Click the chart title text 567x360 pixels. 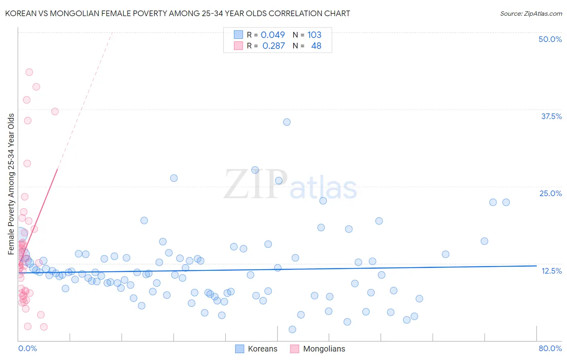[x=177, y=13]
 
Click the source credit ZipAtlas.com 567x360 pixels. [x=531, y=13]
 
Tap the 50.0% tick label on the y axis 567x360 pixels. [x=550, y=39]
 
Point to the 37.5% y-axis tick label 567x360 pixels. [x=551, y=116]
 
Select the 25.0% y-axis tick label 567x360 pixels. [x=550, y=193]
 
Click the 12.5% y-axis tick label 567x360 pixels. [x=551, y=271]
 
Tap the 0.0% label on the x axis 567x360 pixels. [x=27, y=348]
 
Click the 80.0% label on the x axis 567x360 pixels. [x=550, y=348]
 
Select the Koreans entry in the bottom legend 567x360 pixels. [x=262, y=349]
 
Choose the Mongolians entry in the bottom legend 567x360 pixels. [x=324, y=349]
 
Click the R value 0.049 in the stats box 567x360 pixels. [x=273, y=35]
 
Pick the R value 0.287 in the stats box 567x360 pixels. [x=273, y=46]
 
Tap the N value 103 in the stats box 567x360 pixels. [x=314, y=35]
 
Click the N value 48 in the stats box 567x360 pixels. [x=316, y=46]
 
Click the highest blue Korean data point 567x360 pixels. [x=287, y=122]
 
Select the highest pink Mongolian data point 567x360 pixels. [x=29, y=72]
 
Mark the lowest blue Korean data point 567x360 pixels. [x=292, y=329]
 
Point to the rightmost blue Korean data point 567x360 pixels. [x=506, y=202]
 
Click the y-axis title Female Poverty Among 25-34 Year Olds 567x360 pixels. [x=11, y=184]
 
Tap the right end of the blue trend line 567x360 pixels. [x=536, y=266]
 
